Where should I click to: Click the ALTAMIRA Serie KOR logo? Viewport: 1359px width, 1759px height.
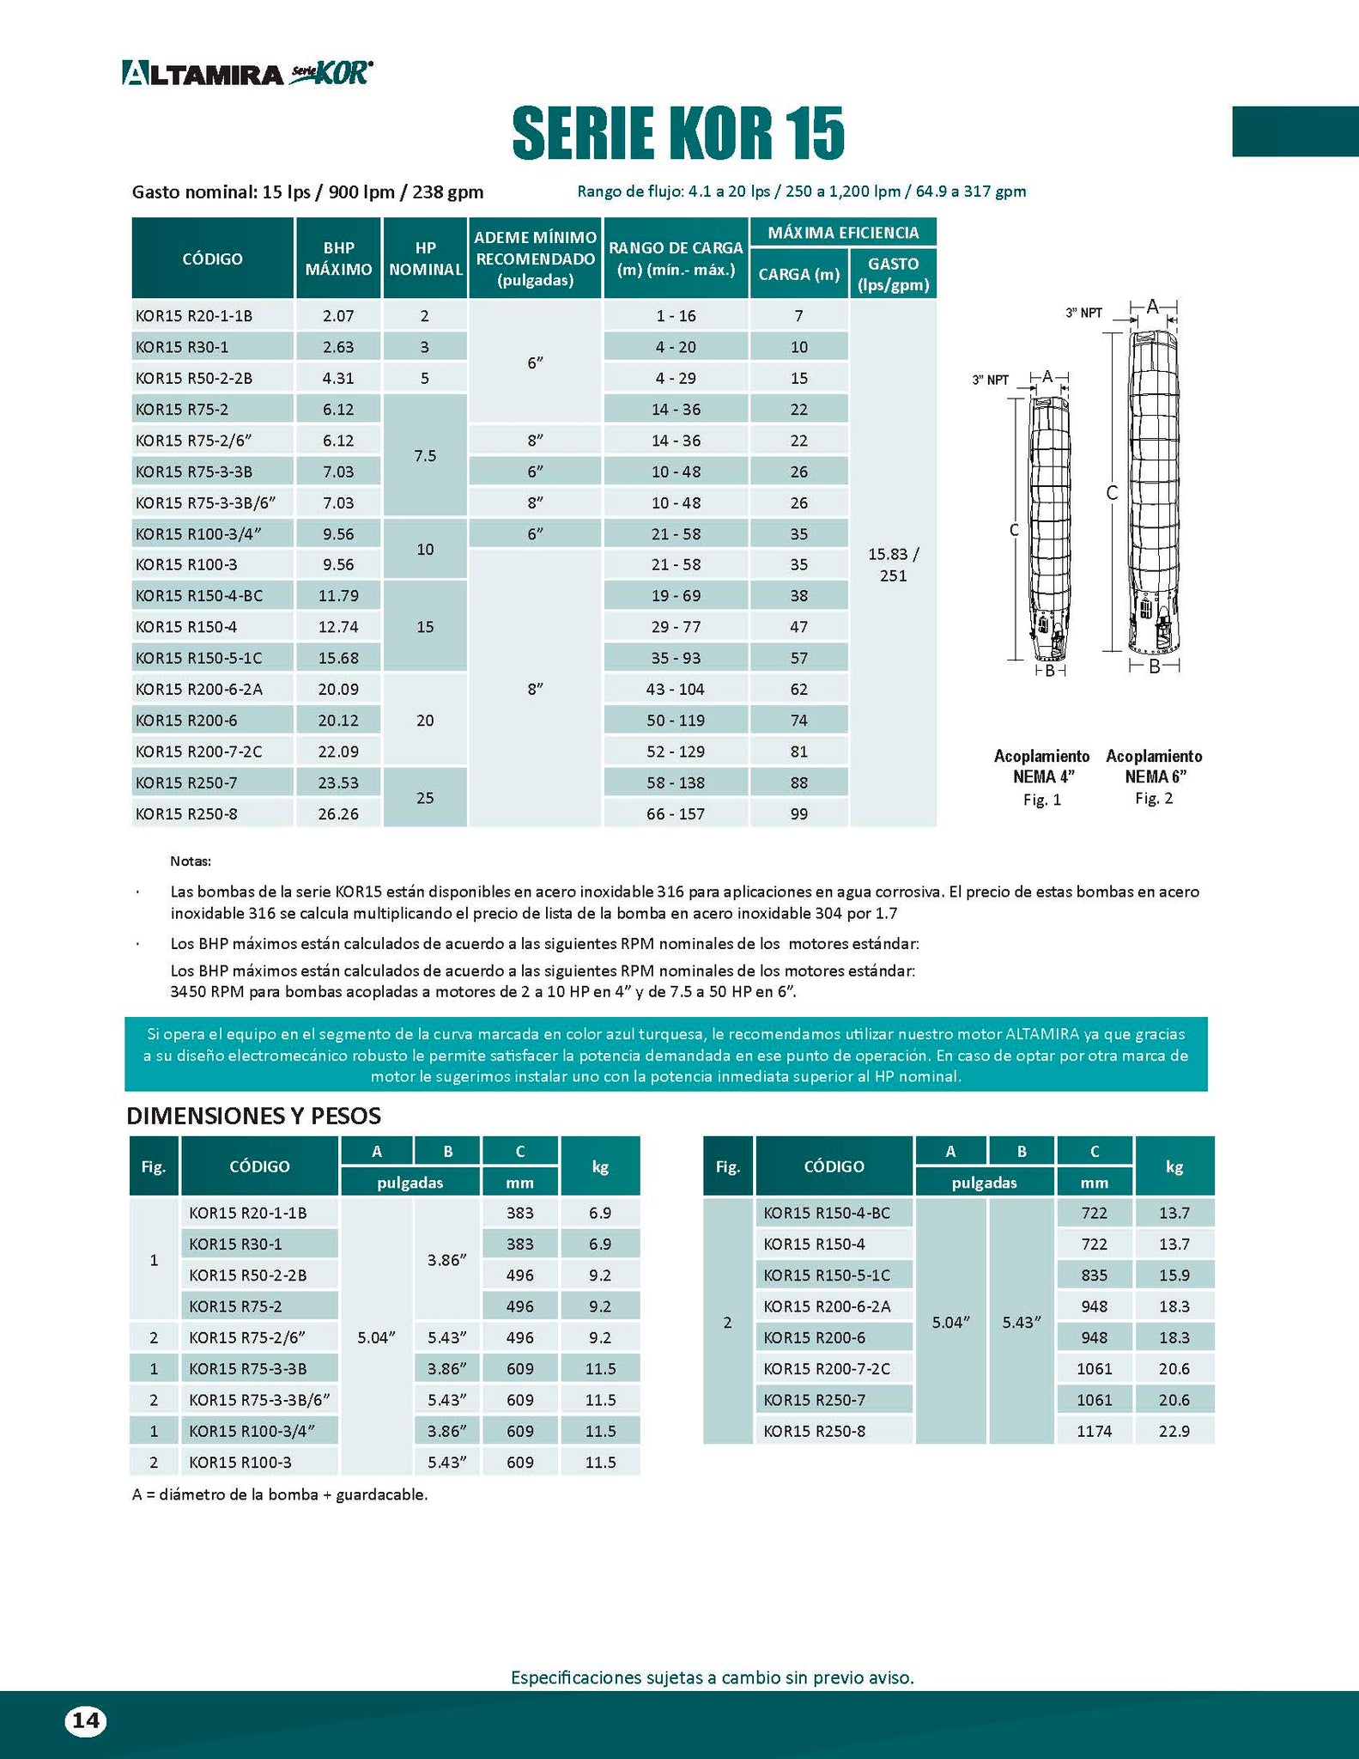247,73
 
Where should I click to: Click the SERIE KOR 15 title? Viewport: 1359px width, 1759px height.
678,134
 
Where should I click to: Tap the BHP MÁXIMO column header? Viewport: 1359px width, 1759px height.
338,259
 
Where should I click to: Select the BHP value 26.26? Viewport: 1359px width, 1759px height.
338,813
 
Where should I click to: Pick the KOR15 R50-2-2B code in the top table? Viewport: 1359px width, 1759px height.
194,378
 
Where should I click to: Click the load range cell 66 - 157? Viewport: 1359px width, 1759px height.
676,813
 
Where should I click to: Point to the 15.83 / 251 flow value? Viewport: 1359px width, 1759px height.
893,564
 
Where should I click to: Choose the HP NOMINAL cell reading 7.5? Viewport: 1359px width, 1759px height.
425,455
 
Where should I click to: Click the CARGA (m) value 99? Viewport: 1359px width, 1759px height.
798,813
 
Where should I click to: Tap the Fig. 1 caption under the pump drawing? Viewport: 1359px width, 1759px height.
1041,800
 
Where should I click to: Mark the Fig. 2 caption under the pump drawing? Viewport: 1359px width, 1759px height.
1154,798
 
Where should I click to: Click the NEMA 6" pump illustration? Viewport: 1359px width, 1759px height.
1154,498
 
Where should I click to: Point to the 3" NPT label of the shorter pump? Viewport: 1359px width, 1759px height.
990,380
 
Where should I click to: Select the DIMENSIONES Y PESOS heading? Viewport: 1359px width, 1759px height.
253,1116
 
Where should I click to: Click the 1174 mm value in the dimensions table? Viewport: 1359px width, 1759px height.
1094,1431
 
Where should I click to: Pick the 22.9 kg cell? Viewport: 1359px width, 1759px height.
1174,1431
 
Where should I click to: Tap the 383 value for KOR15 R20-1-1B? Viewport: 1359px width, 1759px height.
519,1213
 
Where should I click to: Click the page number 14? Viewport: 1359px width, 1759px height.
85,1720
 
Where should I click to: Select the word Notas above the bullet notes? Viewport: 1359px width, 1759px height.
190,861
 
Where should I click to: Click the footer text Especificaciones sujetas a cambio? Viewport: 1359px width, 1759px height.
712,1677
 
